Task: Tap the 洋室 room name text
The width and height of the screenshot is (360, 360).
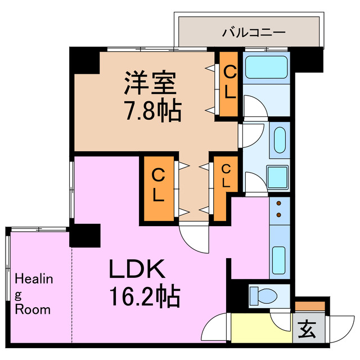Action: coord(151,84)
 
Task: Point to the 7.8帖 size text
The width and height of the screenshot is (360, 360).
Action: coord(152,111)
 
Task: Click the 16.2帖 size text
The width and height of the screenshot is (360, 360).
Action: coord(143,295)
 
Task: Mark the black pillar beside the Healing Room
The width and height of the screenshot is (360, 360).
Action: coord(84,235)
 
